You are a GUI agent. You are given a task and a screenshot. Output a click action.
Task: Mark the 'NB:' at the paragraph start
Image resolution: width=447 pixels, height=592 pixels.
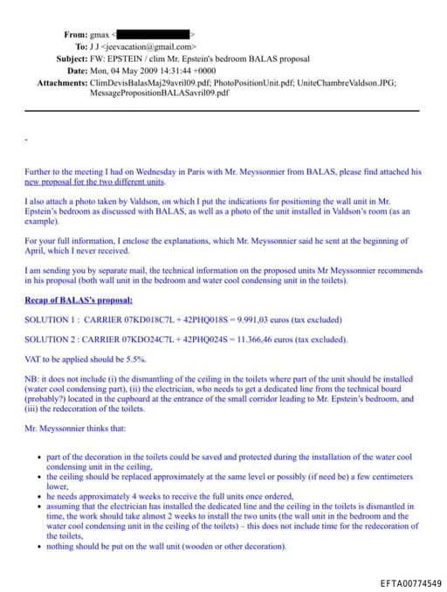pos(31,379)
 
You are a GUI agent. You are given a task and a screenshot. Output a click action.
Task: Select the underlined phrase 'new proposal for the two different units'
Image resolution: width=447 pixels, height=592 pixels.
pos(94,182)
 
